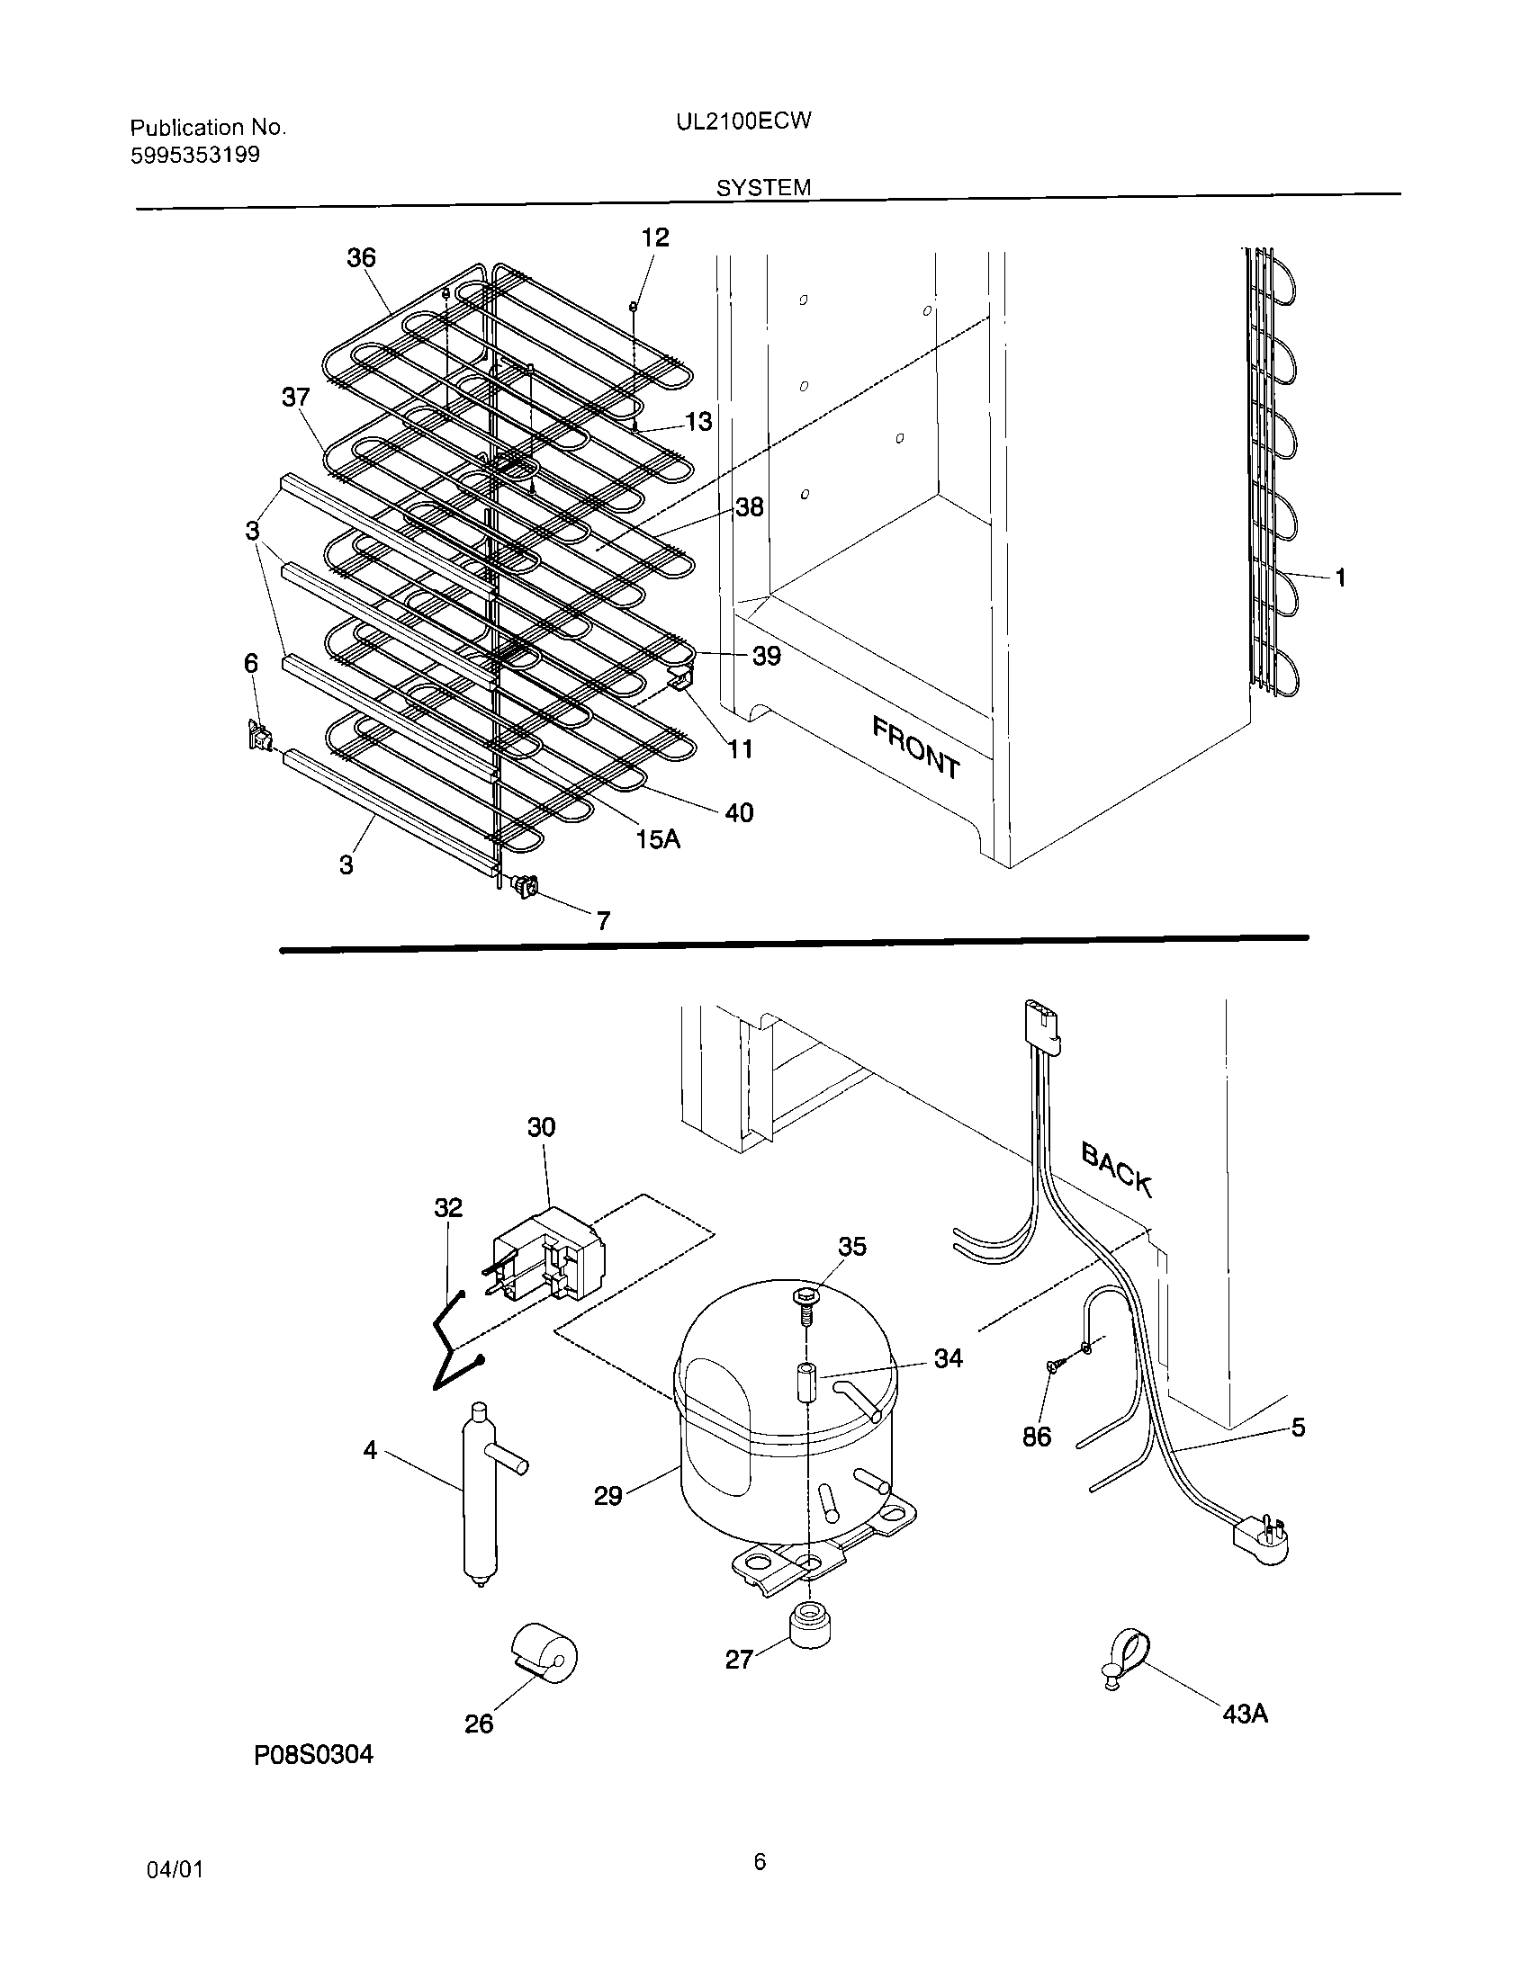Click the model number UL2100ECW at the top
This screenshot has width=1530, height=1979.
[x=743, y=121]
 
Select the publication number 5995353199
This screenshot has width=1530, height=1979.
[x=195, y=155]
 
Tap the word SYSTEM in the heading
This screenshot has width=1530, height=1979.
[x=763, y=188]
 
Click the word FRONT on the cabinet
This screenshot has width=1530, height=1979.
[x=915, y=747]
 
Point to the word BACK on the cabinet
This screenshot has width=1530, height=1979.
[x=1116, y=1169]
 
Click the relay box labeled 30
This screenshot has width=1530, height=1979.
[x=544, y=1256]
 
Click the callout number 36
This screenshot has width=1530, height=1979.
[x=361, y=258]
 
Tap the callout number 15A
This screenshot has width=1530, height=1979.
[x=657, y=839]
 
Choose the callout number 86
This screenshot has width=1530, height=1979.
[x=1036, y=1436]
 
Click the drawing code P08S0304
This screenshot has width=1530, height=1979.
[x=313, y=1755]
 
